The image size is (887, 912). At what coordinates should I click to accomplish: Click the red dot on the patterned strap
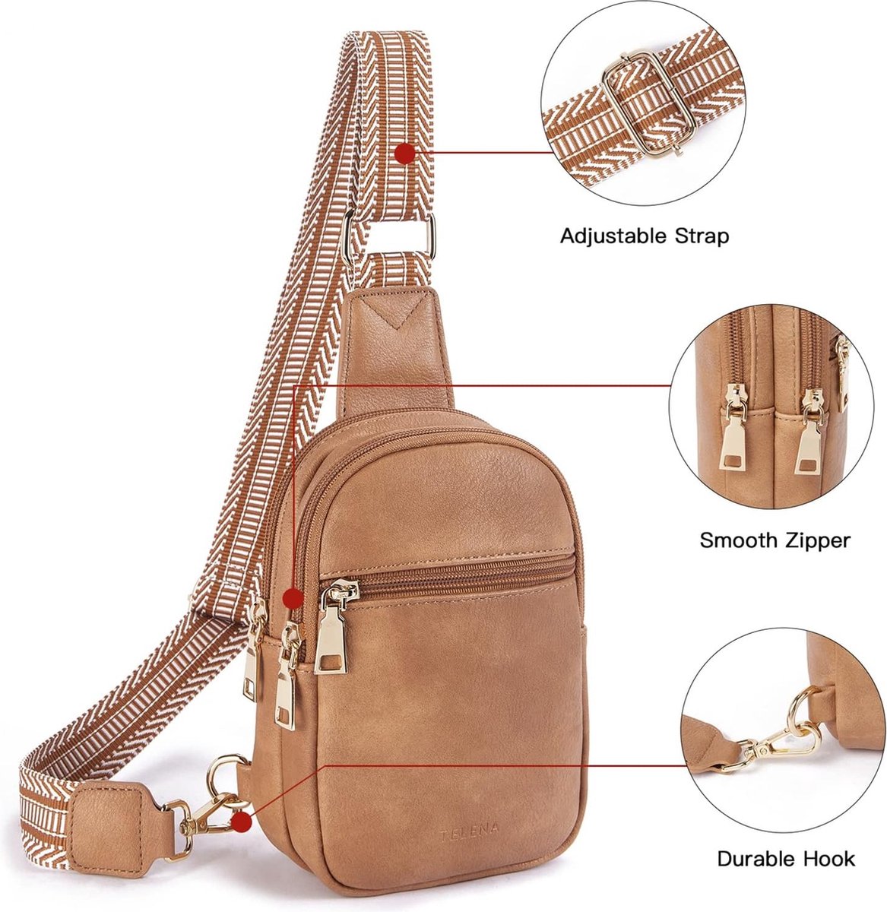(x=405, y=154)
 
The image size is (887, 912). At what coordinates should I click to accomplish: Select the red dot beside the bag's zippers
(x=293, y=598)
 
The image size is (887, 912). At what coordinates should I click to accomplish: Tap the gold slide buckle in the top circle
(x=643, y=104)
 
